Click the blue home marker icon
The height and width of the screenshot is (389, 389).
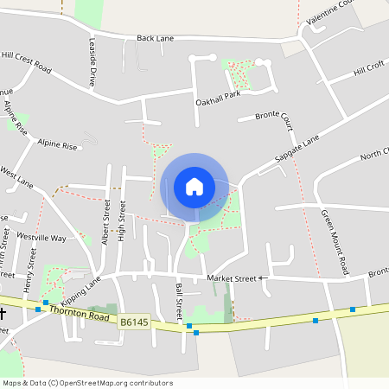click(194, 187)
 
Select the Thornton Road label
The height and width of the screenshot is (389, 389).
click(81, 314)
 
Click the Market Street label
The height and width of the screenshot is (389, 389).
click(233, 278)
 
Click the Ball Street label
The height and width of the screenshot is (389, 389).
click(179, 297)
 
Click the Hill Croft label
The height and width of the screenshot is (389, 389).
click(368, 70)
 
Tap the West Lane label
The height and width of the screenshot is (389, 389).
click(16, 178)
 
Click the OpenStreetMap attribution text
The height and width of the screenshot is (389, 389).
click(87, 383)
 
